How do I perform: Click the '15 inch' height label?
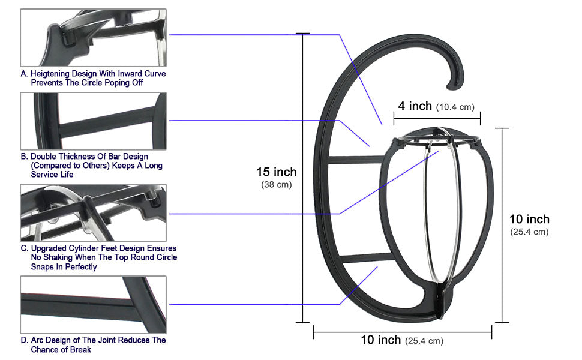point(277,172)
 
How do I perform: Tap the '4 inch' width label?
point(415,106)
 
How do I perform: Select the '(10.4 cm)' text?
point(455,107)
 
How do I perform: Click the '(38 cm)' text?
point(277,185)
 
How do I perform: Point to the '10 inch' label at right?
point(529,219)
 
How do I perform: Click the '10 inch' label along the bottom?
point(380,340)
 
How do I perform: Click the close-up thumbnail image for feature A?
point(94,37)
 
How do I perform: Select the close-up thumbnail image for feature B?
point(94,121)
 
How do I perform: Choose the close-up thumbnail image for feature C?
point(94,212)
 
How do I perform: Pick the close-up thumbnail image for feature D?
point(94,304)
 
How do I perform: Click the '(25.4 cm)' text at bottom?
point(424,341)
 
